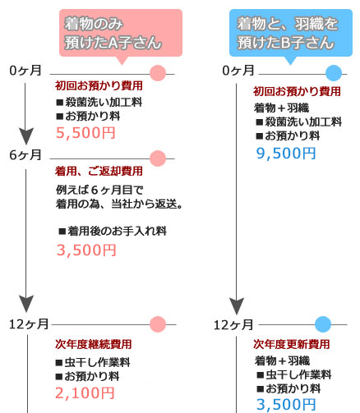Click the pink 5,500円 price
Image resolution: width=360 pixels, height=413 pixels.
(85, 133)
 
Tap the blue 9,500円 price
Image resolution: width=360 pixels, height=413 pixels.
(286, 154)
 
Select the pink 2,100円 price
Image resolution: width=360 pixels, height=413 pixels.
(85, 393)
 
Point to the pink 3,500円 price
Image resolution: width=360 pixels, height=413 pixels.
(86, 250)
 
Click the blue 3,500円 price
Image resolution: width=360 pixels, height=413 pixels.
(286, 405)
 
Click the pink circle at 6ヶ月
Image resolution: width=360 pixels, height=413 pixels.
(158, 158)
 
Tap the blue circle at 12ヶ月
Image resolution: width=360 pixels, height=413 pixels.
(323, 324)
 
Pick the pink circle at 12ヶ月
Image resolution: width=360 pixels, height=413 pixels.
(158, 324)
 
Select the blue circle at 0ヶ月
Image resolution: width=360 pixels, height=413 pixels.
(334, 73)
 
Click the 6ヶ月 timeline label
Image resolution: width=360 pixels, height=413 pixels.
(25, 155)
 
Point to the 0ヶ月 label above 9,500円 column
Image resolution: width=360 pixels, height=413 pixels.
(238, 71)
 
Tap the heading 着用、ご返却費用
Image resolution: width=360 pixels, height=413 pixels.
(99, 172)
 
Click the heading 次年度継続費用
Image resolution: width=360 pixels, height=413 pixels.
(94, 344)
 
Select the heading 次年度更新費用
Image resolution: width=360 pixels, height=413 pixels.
(292, 344)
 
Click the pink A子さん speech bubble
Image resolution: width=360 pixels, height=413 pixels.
(121, 34)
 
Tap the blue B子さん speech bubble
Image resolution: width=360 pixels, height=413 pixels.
(291, 34)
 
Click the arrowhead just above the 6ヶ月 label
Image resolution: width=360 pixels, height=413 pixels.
(26, 135)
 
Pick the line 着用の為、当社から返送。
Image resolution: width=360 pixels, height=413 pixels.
(119, 204)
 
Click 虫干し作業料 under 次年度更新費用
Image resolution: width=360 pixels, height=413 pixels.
(298, 374)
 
